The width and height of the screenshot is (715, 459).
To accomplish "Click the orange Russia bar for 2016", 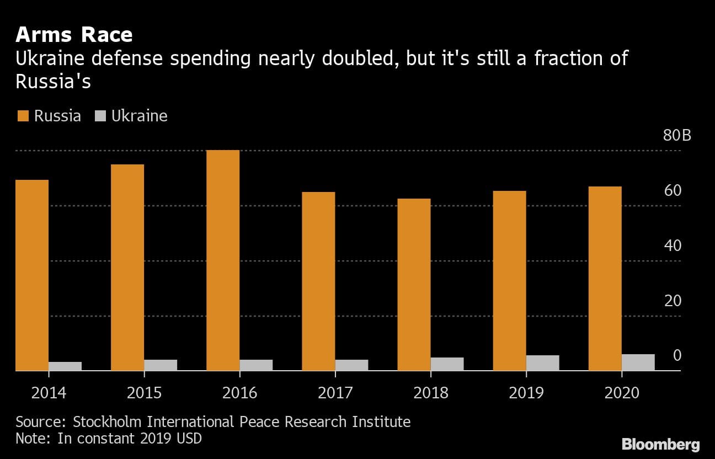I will tap(223, 260).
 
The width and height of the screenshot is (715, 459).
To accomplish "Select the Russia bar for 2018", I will tap(414, 285).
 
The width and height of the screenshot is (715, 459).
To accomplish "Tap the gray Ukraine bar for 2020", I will tap(638, 362).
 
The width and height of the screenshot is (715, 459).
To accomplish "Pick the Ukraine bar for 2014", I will tap(65, 366).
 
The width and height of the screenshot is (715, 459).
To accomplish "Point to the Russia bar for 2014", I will tap(32, 275).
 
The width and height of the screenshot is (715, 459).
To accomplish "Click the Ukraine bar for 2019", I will tap(542, 363).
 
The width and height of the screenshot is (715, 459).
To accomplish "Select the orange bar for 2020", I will tap(605, 279).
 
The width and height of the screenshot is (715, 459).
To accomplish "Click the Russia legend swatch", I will tap(22, 116).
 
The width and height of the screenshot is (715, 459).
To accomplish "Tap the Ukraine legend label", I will tap(140, 116).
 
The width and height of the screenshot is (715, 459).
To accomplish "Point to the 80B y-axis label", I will tap(677, 136).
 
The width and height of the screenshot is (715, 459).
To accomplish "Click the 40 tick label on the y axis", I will tap(673, 245).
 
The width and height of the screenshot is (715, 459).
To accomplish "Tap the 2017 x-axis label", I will tap(335, 393).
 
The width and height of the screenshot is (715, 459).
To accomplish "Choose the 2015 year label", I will tap(144, 393).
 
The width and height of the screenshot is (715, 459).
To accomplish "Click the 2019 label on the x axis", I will tap(526, 393).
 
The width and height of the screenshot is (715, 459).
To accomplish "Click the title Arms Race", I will tap(74, 35).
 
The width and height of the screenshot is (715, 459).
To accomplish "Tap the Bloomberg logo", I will tap(660, 444).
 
